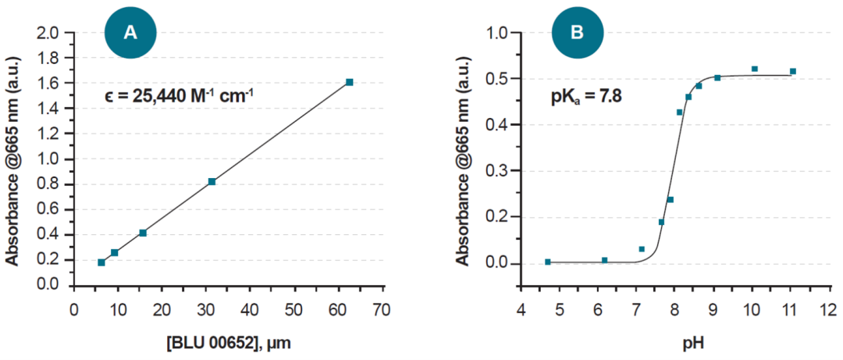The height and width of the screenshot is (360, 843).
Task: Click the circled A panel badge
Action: [x=131, y=32]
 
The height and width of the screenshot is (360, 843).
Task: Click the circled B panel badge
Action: [x=577, y=32]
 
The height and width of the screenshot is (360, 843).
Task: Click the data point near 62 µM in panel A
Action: [x=349, y=82]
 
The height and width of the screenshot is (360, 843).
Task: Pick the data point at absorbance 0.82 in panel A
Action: [x=212, y=181]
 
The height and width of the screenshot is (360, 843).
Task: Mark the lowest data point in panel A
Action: [x=101, y=262]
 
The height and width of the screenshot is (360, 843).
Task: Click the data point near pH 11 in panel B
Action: [x=792, y=71]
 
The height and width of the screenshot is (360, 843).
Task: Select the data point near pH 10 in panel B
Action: [x=754, y=69]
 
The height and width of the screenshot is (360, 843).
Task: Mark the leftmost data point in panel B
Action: [x=548, y=262]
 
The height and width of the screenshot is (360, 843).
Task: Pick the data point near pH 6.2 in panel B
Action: [x=604, y=260]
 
